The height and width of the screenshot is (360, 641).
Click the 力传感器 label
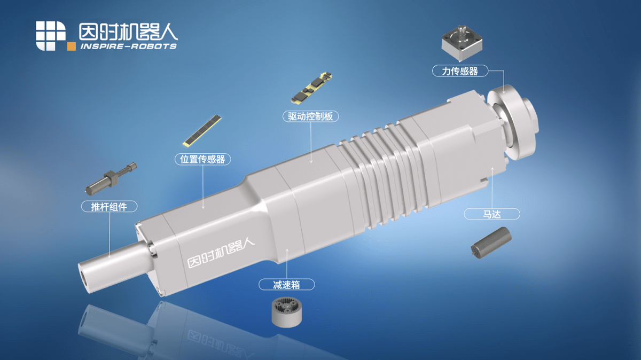click(x=459, y=71)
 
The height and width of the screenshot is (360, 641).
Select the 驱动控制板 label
click(x=310, y=116)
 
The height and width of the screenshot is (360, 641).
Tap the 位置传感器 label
click(x=202, y=159)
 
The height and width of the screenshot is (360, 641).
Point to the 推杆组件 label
click(x=110, y=207)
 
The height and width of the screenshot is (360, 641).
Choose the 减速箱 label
click(x=287, y=285)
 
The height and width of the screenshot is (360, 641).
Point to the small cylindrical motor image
click(x=490, y=241)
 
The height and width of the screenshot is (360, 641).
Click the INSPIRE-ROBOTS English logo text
click(x=128, y=46)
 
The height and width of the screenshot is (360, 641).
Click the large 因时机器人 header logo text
click(x=128, y=32)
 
